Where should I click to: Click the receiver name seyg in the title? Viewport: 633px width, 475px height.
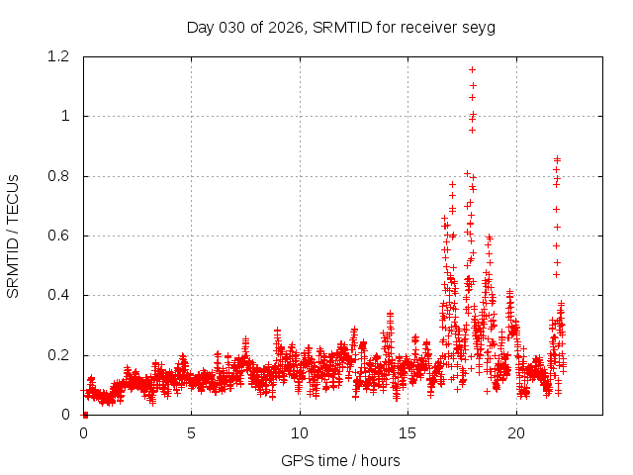[x=479, y=27]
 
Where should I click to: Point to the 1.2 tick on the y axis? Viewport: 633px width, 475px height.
[x=62, y=56]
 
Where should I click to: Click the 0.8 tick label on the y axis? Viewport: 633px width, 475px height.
[x=62, y=176]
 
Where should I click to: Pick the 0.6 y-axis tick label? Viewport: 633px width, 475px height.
[x=62, y=236]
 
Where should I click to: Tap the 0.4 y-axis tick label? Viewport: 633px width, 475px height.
[x=62, y=295]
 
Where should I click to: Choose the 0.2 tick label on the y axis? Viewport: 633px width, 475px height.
[x=62, y=355]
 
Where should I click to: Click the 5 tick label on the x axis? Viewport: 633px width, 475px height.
[x=192, y=432]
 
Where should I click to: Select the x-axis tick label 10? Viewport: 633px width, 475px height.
[x=300, y=432]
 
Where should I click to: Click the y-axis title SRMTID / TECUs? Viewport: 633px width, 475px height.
[x=14, y=236]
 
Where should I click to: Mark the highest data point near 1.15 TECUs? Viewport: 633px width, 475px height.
[x=473, y=69]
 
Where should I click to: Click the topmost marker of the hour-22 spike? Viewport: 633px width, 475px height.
[x=557, y=159]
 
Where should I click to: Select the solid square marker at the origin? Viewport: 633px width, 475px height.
[x=84, y=415]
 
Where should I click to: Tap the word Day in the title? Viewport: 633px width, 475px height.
[x=200, y=27]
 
